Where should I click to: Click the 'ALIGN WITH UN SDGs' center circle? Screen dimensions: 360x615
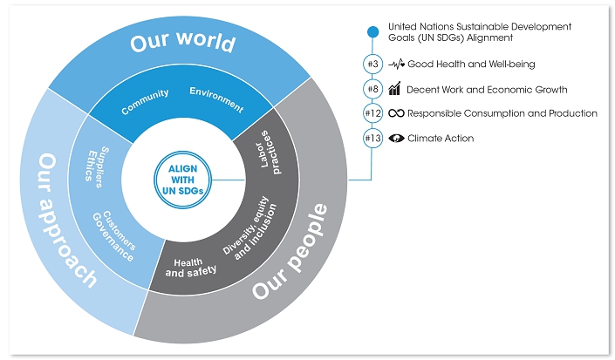click(180, 179)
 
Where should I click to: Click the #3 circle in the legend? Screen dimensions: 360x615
click(372, 65)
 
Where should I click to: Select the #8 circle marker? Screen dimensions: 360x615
click(372, 89)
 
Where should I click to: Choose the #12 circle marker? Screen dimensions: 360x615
click(372, 113)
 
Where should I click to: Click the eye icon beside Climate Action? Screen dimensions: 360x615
click(396, 138)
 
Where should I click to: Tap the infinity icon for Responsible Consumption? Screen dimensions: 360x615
click(396, 113)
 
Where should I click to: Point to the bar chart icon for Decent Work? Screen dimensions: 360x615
click(395, 88)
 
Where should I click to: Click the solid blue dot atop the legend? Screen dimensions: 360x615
click(372, 32)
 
